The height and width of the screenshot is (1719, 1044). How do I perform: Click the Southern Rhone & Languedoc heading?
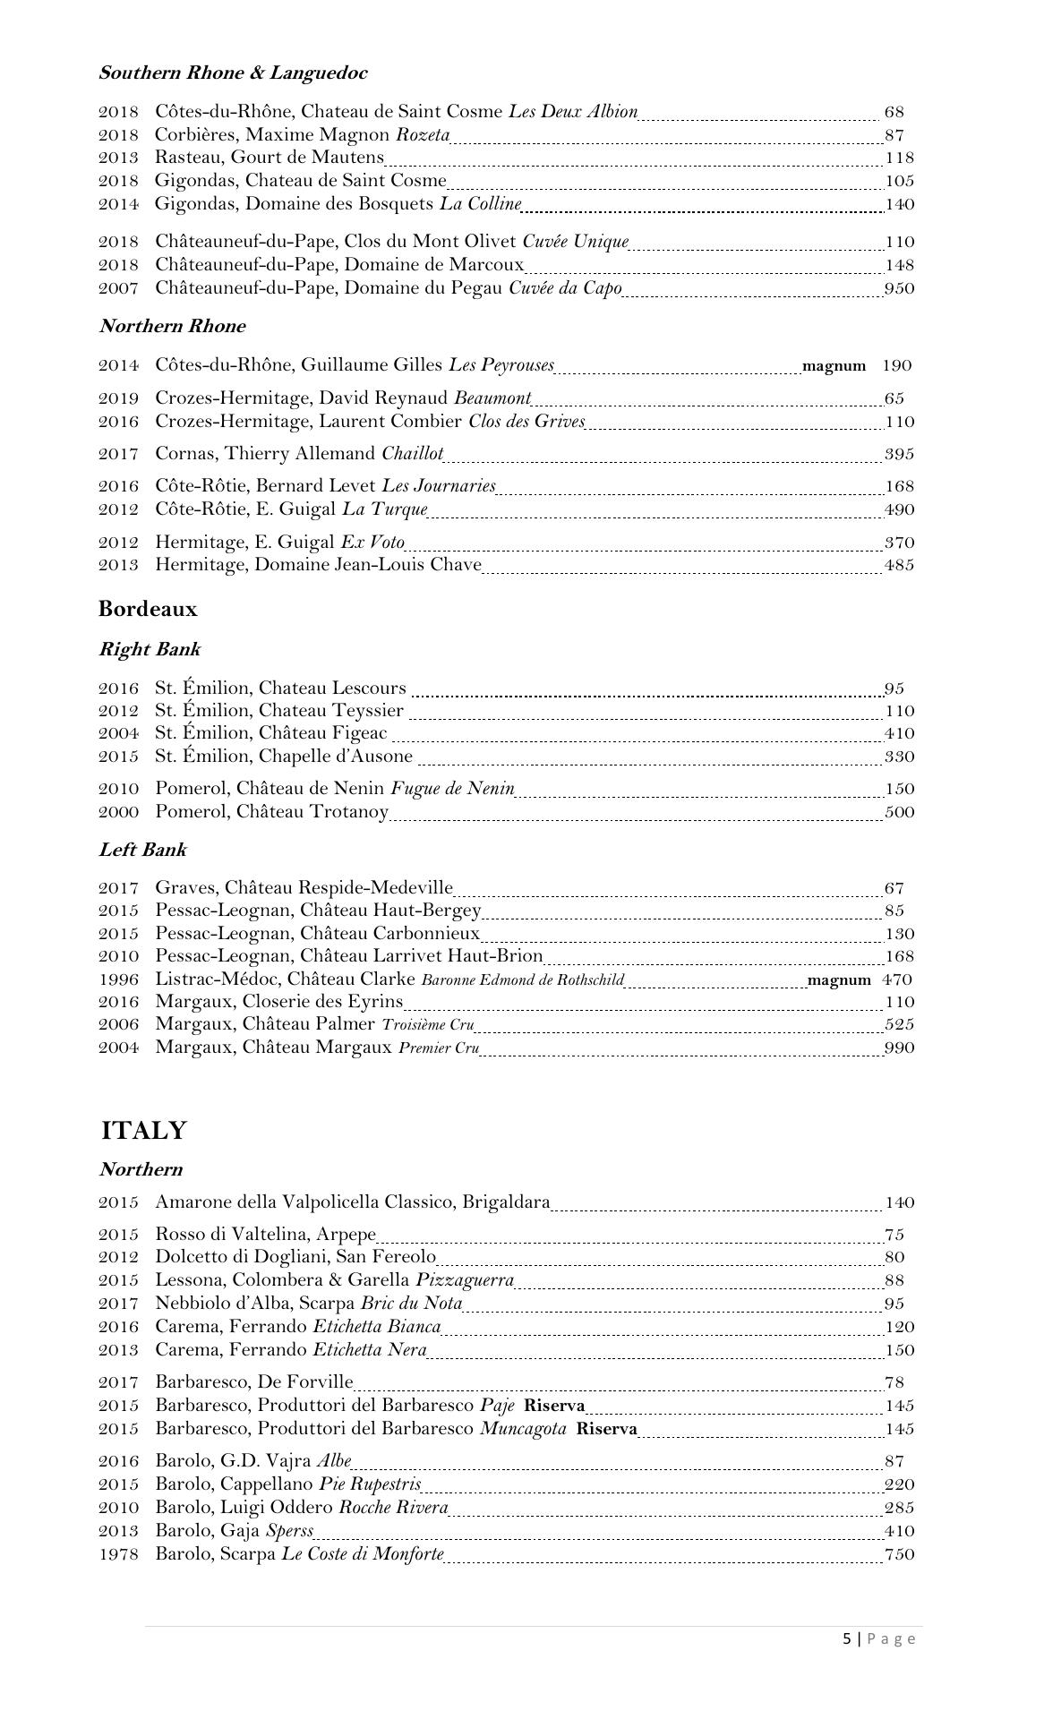(233, 73)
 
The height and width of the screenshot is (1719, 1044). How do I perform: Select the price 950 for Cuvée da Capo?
(899, 288)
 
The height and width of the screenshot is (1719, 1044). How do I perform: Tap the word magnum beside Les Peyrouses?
(834, 365)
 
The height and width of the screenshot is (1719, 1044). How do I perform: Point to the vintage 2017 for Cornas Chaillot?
(118, 454)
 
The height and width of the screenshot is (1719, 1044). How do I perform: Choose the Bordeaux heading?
(148, 609)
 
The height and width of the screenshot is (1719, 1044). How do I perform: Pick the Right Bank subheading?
(150, 649)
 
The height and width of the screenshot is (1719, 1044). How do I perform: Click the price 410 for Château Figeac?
(899, 733)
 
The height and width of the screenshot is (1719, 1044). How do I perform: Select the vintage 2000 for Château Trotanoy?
(118, 812)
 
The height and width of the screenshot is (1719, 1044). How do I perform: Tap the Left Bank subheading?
(142, 850)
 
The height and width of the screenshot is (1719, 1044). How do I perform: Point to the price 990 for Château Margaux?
(899, 1048)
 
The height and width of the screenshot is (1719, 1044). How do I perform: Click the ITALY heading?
(143, 1131)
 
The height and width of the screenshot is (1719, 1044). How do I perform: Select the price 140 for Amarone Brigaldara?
(899, 1202)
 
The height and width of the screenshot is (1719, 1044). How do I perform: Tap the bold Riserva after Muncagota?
(606, 1429)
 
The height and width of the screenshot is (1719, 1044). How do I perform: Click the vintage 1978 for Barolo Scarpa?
(118, 1554)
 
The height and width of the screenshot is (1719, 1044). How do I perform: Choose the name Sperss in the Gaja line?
(289, 1531)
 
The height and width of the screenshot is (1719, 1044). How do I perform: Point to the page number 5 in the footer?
(847, 1638)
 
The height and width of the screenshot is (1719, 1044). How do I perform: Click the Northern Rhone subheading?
(172, 326)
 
